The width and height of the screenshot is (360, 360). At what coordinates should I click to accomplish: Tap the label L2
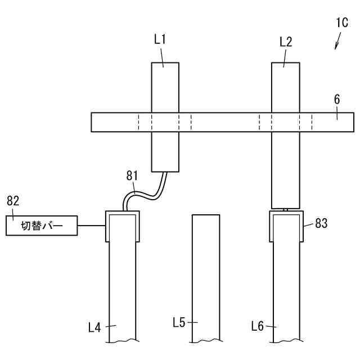pos(286,41)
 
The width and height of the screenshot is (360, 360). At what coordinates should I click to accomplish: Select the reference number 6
pos(336,100)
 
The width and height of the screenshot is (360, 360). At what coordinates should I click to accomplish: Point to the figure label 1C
pos(341,24)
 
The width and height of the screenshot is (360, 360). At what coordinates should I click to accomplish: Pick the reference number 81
pos(131,176)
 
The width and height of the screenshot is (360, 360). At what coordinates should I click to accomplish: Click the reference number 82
pos(13,200)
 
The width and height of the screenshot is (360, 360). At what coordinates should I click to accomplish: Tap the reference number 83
pos(321,223)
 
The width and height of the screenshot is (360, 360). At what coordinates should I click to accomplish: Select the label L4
pos(94,326)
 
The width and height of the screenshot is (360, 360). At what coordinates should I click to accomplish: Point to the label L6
pos(258,326)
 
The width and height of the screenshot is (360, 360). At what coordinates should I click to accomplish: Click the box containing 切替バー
pos(42,226)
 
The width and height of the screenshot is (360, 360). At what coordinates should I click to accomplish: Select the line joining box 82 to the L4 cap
pos(91,226)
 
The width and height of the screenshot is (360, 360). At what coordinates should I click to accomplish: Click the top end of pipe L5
pos(206,216)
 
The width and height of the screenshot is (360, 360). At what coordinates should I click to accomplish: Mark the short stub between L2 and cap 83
pos(286,209)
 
